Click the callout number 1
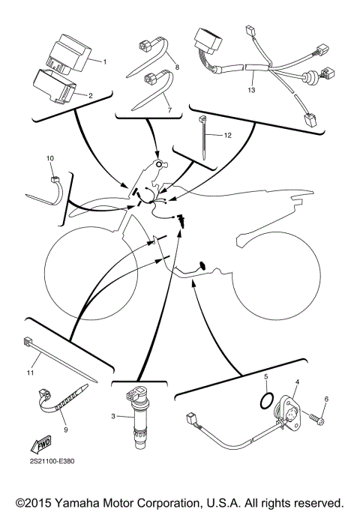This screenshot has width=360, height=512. click(x=105, y=61)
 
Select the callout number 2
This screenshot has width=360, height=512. click(x=91, y=95)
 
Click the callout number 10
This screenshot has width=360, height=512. click(x=50, y=159)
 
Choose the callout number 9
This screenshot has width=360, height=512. click(x=65, y=430)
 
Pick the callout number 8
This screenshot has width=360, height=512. click(x=176, y=67)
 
